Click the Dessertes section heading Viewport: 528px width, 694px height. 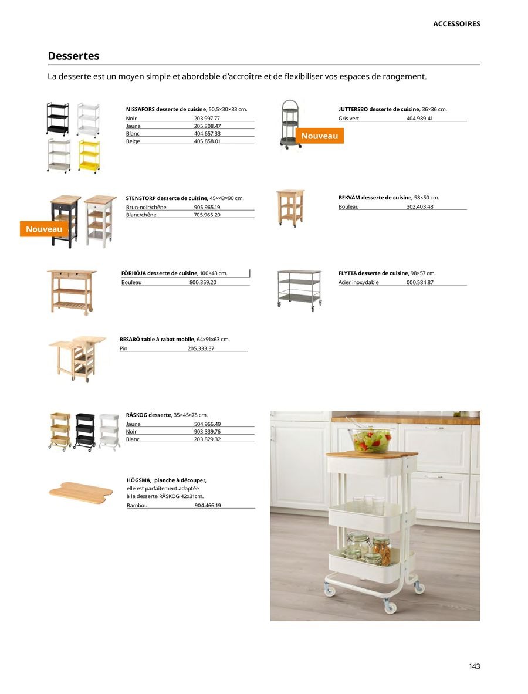click(x=74, y=56)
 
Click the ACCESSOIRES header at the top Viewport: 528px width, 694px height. click(x=456, y=24)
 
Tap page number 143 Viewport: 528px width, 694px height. click(x=474, y=666)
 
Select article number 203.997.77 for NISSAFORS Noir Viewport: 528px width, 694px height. click(x=207, y=119)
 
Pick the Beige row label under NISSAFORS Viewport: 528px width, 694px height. click(x=133, y=141)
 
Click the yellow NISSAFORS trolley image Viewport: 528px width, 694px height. click(x=89, y=155)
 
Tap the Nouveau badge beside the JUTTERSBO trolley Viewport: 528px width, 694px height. click(x=319, y=136)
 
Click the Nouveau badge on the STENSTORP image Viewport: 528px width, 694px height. click(x=44, y=229)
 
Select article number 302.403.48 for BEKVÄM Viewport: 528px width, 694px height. click(x=419, y=206)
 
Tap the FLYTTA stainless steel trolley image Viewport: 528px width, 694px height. click(x=299, y=290)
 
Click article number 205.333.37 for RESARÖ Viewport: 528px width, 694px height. click(x=201, y=348)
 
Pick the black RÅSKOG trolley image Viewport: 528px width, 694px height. click(x=84, y=431)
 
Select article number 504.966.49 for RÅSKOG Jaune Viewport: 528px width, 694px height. click(x=207, y=424)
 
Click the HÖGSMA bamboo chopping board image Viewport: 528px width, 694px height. click(x=80, y=490)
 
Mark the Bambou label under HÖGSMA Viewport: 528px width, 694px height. click(x=137, y=505)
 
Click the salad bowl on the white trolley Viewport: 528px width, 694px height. click(x=371, y=439)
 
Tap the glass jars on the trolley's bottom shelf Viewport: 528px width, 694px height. click(x=370, y=548)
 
